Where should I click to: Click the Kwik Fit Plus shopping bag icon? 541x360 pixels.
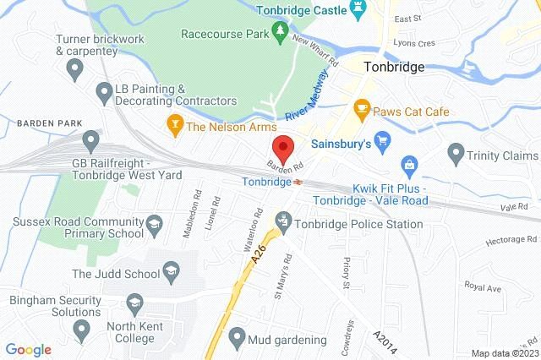(x=408, y=162)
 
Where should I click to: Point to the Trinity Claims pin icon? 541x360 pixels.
(x=456, y=155)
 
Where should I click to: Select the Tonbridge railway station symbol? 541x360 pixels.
(x=298, y=181)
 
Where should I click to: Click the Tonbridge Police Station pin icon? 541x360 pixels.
(x=283, y=224)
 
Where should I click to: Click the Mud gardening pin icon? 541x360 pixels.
(x=237, y=340)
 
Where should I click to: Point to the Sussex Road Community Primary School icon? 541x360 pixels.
(x=153, y=224)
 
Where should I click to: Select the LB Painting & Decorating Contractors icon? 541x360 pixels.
(x=104, y=90)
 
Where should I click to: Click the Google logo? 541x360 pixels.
(x=28, y=349)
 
